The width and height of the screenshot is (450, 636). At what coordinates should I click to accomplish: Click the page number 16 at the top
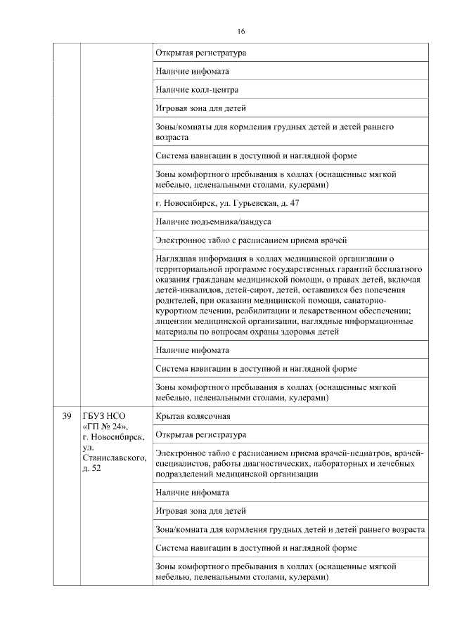click(x=240, y=31)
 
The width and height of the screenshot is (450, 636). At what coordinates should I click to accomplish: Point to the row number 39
click(x=67, y=416)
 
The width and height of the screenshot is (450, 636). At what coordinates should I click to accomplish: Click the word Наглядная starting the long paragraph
click(x=176, y=259)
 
